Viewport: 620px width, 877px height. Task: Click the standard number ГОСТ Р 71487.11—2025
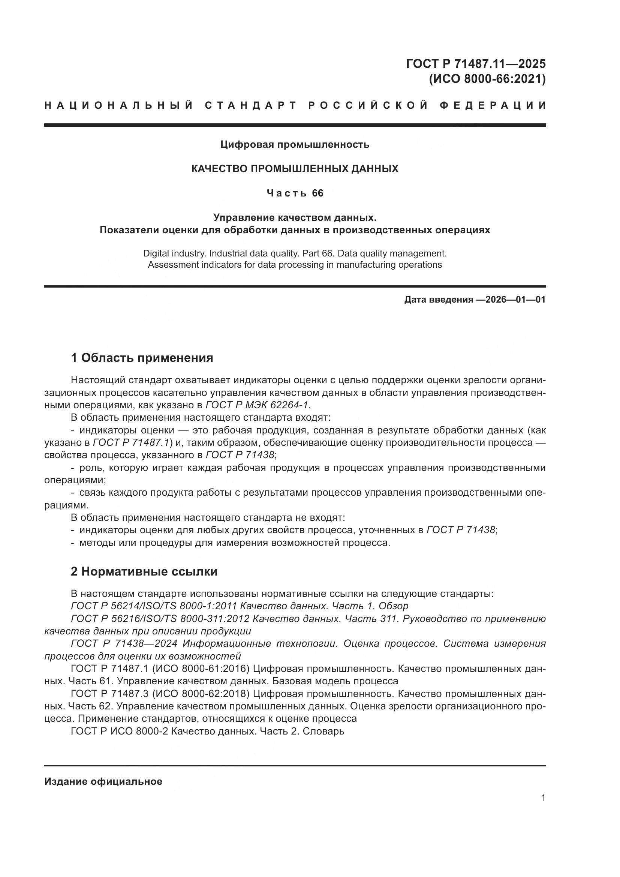476,63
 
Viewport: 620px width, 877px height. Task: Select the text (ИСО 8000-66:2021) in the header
487,79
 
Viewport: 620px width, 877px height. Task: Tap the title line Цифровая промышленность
295,144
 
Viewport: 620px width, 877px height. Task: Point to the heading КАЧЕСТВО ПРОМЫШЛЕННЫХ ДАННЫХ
295,169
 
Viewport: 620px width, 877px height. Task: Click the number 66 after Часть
317,193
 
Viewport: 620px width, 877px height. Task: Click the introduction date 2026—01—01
510,300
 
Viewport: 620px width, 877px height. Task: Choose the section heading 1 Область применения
142,358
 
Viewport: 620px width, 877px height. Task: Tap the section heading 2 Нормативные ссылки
144,571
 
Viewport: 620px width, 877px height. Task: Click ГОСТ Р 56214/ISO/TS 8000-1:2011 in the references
154,606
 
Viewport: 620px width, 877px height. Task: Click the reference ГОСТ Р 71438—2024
124,644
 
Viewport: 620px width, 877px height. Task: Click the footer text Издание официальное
103,781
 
